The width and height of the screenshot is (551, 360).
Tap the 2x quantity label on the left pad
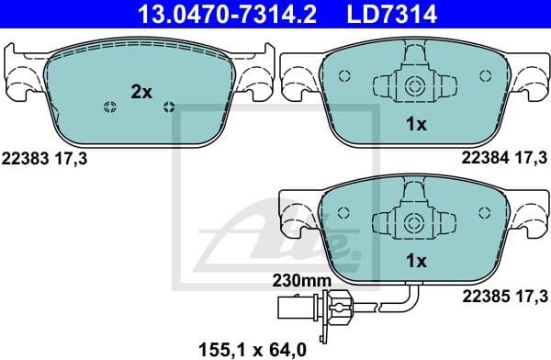tap(141, 92)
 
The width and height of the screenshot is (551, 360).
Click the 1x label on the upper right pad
tap(416, 125)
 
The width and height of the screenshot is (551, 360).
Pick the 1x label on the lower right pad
tap(416, 261)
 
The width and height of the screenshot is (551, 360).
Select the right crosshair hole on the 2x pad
tap(168, 107)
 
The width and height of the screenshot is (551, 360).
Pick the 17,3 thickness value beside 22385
tap(531, 295)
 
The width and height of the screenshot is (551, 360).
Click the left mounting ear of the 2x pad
tap(21, 76)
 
